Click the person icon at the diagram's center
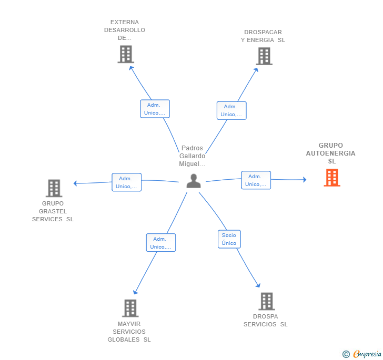(194, 181)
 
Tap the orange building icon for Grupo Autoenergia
(331, 178)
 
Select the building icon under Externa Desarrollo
(126, 54)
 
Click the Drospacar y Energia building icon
(264, 56)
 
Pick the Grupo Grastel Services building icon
(54, 188)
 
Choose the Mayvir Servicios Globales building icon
(130, 308)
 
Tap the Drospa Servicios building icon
(267, 301)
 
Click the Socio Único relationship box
(229, 239)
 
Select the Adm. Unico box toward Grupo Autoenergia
(256, 180)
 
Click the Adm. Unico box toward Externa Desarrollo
(155, 109)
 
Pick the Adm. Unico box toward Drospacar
(231, 110)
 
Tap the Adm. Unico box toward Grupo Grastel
(126, 182)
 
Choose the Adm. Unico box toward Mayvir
(160, 243)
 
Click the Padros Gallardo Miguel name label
(192, 156)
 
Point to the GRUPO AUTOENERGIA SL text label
(331, 153)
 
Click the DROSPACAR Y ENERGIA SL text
(263, 36)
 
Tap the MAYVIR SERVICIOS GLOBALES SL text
(129, 332)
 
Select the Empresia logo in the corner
(362, 354)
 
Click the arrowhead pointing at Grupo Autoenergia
(304, 180)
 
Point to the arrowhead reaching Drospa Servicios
(258, 285)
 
